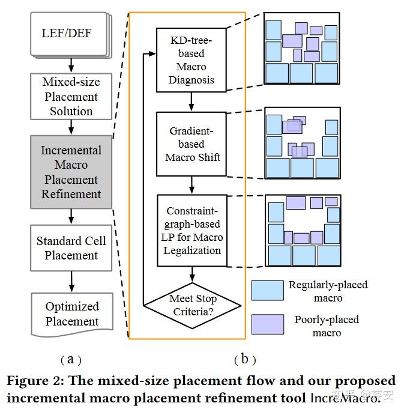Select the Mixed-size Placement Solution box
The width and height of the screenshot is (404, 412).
71,97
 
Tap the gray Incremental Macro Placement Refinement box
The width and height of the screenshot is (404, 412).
71,172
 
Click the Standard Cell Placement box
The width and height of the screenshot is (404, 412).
71,248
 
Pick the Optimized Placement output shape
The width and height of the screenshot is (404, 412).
72,312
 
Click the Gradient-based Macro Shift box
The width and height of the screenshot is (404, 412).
191,144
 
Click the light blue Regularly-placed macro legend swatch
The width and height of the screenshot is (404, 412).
267,291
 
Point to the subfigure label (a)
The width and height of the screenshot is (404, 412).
71,359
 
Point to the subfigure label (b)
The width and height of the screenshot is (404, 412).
244,359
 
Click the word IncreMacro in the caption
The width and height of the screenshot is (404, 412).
345,397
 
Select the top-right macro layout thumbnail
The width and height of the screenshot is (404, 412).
302,50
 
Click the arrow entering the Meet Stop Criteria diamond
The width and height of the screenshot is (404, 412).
191,274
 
